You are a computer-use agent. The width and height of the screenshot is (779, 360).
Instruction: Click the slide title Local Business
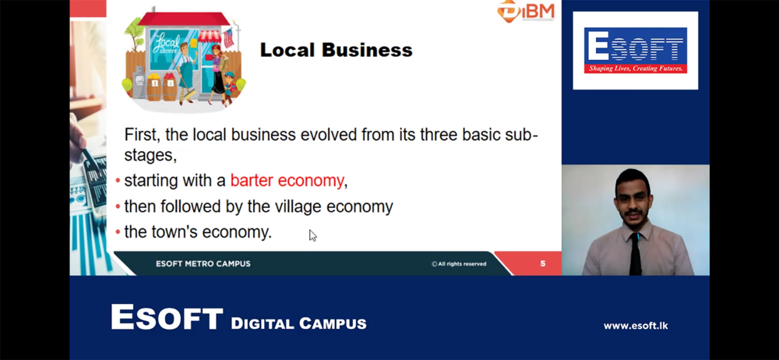(x=336, y=50)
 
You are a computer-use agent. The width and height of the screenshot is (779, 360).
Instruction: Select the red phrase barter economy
(x=287, y=181)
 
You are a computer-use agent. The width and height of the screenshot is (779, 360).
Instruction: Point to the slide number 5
(x=542, y=263)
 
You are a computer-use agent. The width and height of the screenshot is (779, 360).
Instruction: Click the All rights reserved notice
(x=459, y=264)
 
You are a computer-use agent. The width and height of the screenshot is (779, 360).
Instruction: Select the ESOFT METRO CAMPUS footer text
(x=203, y=264)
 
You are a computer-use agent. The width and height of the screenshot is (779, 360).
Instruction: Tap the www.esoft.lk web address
(x=636, y=326)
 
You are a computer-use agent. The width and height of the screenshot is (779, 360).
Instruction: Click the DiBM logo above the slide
(x=526, y=10)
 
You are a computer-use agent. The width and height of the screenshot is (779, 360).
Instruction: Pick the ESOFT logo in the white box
(x=636, y=50)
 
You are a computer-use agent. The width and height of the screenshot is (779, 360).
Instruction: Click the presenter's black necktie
(x=636, y=253)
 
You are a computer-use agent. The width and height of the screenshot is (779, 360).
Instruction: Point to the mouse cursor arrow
(x=312, y=235)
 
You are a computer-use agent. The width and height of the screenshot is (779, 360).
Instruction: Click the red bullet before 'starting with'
(x=118, y=181)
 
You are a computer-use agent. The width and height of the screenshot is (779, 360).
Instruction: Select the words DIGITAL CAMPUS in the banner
(x=298, y=323)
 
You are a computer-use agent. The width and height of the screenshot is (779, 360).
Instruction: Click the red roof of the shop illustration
(x=184, y=19)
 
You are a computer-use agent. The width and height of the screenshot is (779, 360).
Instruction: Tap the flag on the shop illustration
(x=228, y=37)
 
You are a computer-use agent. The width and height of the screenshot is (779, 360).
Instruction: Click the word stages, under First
(x=150, y=156)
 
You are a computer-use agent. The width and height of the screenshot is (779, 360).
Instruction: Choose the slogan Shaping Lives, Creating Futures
(x=636, y=69)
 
